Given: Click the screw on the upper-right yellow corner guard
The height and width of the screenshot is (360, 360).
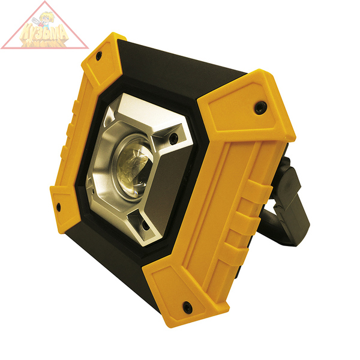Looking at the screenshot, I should (x=259, y=108).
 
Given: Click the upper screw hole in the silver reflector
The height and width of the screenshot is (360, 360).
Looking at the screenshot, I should (x=173, y=139).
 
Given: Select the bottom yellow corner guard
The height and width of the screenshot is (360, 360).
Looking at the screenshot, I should (x=180, y=294).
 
